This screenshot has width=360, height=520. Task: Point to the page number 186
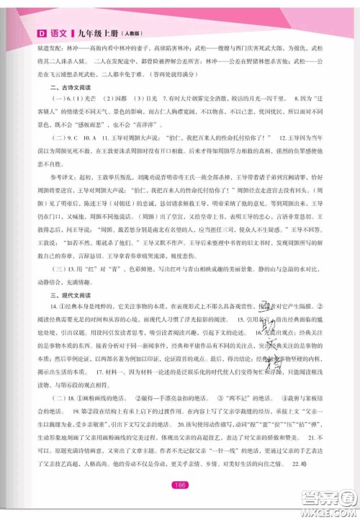point(180,483)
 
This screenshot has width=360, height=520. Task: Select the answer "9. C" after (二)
point(70,156)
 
